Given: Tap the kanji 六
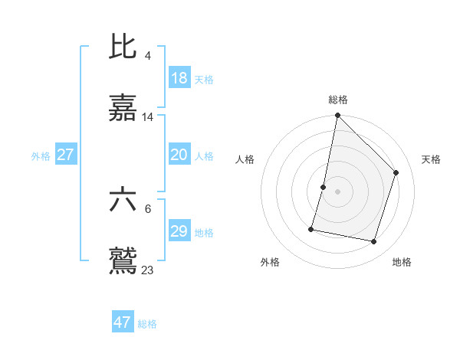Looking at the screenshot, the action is [123, 201].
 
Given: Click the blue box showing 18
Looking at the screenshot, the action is [179, 78].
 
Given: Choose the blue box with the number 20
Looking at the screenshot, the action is [179, 155].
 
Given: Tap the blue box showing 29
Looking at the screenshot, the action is [179, 231].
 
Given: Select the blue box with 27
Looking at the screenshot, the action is [65, 155].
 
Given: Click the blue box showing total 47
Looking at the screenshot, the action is [122, 322].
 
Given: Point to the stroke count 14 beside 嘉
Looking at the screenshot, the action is [148, 117].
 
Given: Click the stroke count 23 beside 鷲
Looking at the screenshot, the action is [148, 270].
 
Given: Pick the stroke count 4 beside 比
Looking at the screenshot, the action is [147, 55].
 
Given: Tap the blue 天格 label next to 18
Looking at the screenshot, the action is [204, 80].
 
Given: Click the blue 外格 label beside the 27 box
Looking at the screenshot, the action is [41, 156].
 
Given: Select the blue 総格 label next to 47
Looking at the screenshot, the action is [147, 324].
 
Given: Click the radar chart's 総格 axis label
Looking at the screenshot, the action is [338, 100].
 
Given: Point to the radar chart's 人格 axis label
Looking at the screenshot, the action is [245, 159].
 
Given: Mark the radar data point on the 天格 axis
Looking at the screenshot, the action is [396, 172].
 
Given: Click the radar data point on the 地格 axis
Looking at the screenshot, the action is [374, 242].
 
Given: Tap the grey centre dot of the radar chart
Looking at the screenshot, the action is [338, 191].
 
